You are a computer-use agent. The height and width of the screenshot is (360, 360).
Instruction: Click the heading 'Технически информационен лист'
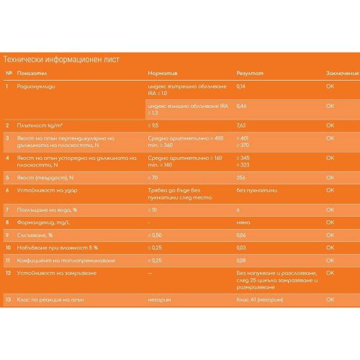click(62, 59)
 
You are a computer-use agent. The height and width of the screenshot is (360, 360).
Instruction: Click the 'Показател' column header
click(35, 73)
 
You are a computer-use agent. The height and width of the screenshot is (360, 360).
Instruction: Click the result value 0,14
click(241, 86)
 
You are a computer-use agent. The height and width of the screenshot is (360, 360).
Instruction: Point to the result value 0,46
click(241, 106)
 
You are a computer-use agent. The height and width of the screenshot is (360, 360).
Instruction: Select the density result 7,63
click(241, 125)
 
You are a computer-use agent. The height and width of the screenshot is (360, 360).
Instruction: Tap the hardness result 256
click(240, 176)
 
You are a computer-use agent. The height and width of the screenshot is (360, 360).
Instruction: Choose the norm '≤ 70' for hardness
click(151, 176)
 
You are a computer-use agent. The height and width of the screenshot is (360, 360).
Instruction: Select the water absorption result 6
click(238, 209)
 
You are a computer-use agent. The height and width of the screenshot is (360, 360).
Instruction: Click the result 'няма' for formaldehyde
click(243, 222)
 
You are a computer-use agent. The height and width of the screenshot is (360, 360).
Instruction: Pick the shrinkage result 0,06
click(241, 235)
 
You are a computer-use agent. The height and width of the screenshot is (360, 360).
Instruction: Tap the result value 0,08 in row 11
click(241, 260)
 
